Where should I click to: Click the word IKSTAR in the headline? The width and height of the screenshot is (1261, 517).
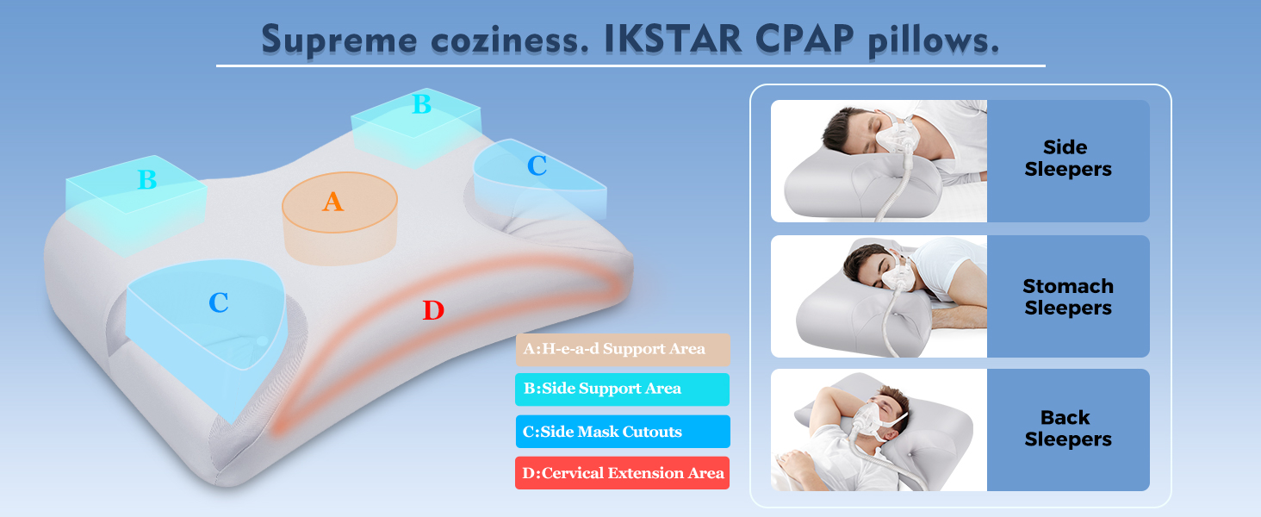[x=674, y=40]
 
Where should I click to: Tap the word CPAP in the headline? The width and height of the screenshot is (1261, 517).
[x=804, y=40]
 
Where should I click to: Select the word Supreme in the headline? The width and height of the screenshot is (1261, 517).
[x=339, y=40]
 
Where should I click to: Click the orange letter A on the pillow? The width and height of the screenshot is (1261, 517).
[x=332, y=202]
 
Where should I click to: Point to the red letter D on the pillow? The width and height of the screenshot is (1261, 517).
[x=433, y=310]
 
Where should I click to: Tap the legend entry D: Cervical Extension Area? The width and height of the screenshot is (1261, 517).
[x=622, y=473]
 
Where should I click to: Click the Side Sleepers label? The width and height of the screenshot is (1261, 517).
[x=1068, y=159]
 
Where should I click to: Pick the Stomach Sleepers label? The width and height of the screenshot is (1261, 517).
[x=1068, y=296]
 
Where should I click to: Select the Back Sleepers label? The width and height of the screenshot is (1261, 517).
[x=1068, y=428]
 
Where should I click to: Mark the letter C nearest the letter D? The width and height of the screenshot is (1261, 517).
[x=219, y=302]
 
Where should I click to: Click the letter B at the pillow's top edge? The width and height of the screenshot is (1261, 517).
[x=422, y=104]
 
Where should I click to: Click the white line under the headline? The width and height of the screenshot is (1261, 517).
[x=630, y=65]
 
